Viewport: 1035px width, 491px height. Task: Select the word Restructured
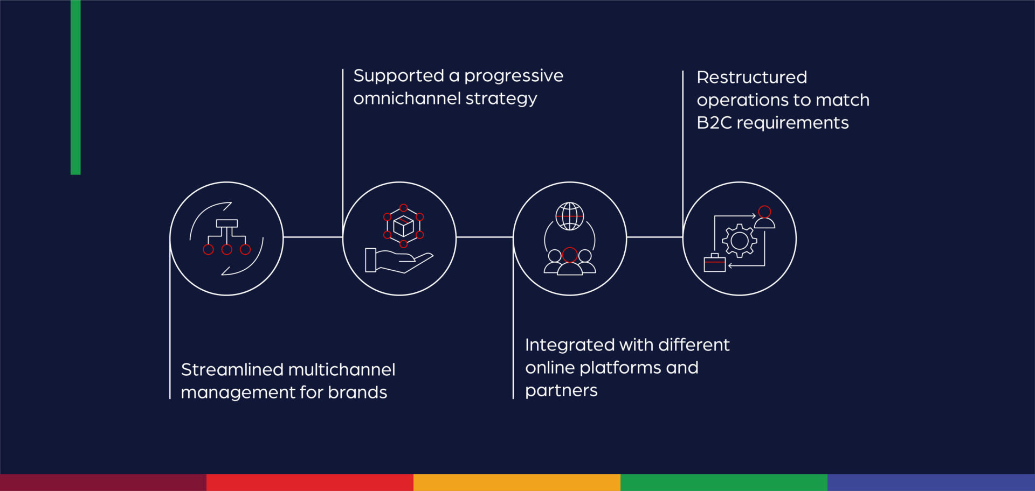pyautogui.click(x=751, y=78)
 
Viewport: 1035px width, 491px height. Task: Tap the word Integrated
pyautogui.click(x=569, y=345)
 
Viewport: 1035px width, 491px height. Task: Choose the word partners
pyautogui.click(x=561, y=390)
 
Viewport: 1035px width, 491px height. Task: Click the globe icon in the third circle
pyautogui.click(x=570, y=216)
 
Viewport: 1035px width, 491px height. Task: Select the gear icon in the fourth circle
pyautogui.click(x=740, y=241)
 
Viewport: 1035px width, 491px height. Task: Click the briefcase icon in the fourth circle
pyautogui.click(x=715, y=263)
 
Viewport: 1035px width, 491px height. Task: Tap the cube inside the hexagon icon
pyautogui.click(x=403, y=226)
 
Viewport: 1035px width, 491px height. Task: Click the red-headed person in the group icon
pyautogui.click(x=570, y=262)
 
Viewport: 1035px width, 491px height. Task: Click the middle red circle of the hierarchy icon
pyautogui.click(x=227, y=249)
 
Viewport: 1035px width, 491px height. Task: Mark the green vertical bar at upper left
pyautogui.click(x=75, y=86)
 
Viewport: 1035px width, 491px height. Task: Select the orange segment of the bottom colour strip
pyautogui.click(x=516, y=482)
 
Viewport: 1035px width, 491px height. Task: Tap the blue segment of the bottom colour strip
pyautogui.click(x=930, y=482)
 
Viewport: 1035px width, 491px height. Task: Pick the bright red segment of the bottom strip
pyautogui.click(x=309, y=482)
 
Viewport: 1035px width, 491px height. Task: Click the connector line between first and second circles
pyautogui.click(x=313, y=237)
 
